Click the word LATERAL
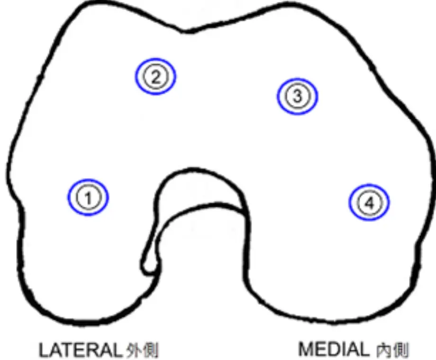click(80, 350)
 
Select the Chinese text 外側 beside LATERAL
click(142, 350)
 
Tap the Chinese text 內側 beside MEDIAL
click(392, 350)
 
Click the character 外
click(134, 350)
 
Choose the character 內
click(384, 350)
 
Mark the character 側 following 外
click(151, 350)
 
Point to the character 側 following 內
click(401, 350)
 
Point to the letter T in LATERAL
click(66, 350)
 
